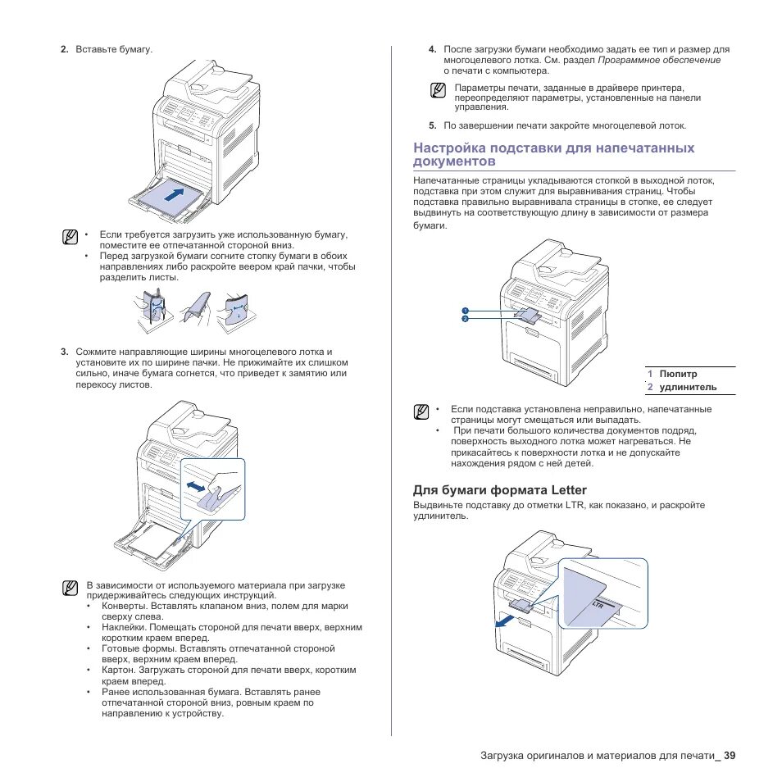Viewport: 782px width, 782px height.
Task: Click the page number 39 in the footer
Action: pos(729,755)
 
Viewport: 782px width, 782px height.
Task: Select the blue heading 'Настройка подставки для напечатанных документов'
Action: pos(553,154)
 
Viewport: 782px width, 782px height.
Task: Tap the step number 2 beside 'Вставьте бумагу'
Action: pos(63,50)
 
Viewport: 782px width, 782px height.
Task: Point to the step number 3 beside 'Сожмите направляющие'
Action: pos(63,352)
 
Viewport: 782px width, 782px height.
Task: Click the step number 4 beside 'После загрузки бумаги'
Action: pos(431,50)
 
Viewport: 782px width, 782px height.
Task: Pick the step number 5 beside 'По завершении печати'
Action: pos(431,125)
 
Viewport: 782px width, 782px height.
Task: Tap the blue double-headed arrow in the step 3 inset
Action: pos(197,486)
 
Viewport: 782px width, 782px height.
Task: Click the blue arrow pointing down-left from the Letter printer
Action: pos(506,621)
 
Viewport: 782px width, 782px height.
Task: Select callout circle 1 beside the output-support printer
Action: pos(464,311)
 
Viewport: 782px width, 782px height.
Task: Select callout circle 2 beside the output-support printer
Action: pos(464,319)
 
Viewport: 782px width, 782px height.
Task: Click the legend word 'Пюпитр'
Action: pos(678,373)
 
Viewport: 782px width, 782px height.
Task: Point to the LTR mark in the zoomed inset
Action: pos(598,604)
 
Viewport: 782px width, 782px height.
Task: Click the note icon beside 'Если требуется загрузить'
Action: pos(70,238)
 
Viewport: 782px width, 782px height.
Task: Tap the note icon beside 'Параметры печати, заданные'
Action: pos(439,90)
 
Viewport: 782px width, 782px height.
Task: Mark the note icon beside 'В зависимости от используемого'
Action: pos(70,588)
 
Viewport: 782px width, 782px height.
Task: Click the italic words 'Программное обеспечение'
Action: pos(659,60)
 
